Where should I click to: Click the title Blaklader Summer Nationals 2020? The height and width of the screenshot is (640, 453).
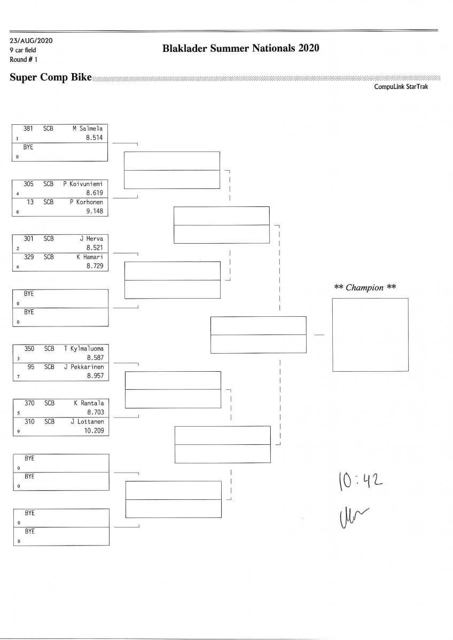click(x=240, y=49)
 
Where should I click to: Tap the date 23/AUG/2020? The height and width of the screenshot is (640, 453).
click(x=31, y=41)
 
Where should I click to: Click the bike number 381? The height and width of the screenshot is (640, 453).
click(x=28, y=128)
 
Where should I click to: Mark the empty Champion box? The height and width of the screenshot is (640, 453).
click(x=370, y=334)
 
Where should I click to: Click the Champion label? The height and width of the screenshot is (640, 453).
click(x=365, y=288)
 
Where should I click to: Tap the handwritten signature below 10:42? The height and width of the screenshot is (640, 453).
click(x=350, y=516)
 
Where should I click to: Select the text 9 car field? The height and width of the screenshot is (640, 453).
click(x=23, y=50)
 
